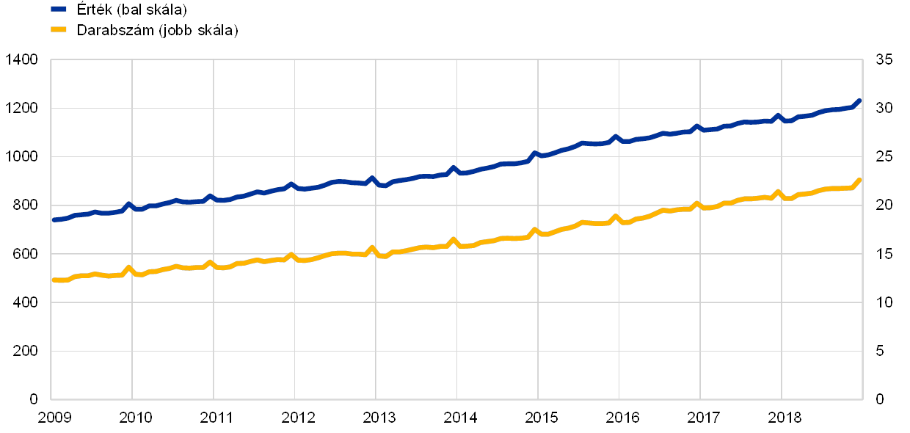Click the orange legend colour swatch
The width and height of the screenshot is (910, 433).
click(x=59, y=30)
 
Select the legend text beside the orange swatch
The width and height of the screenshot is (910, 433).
click(x=158, y=30)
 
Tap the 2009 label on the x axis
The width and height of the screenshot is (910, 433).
click(x=54, y=418)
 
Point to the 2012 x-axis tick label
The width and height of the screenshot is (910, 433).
click(x=297, y=418)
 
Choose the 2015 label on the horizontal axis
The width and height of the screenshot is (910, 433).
click(x=540, y=418)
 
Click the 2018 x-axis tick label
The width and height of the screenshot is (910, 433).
click(x=783, y=418)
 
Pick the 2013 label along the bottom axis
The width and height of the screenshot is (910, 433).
click(x=379, y=418)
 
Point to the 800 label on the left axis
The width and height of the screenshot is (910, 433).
click(x=25, y=205)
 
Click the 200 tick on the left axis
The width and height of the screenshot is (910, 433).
click(x=25, y=351)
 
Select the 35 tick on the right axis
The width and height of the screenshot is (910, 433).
click(x=884, y=60)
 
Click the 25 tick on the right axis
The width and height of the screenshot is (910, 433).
click(x=884, y=157)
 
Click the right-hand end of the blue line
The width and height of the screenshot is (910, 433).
click(x=859, y=101)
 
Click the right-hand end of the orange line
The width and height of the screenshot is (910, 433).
click(x=859, y=180)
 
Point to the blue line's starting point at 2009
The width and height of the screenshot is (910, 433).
click(x=53, y=219)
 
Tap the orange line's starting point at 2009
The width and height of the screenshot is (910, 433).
click(x=53, y=280)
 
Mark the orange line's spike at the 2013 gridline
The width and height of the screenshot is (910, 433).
click(x=373, y=248)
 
